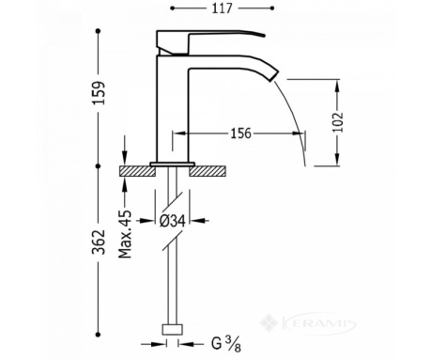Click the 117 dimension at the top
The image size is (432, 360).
[x=223, y=8]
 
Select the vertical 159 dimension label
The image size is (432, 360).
[x=99, y=93]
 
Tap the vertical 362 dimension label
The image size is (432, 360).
[x=99, y=243]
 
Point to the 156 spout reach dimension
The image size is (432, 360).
[x=240, y=133]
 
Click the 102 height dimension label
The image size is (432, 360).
[x=338, y=122]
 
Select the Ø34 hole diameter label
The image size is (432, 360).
[x=173, y=221]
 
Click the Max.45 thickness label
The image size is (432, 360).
[x=125, y=234]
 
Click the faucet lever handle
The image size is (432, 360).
[x=210, y=42]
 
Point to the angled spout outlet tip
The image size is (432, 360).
[x=273, y=76]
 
